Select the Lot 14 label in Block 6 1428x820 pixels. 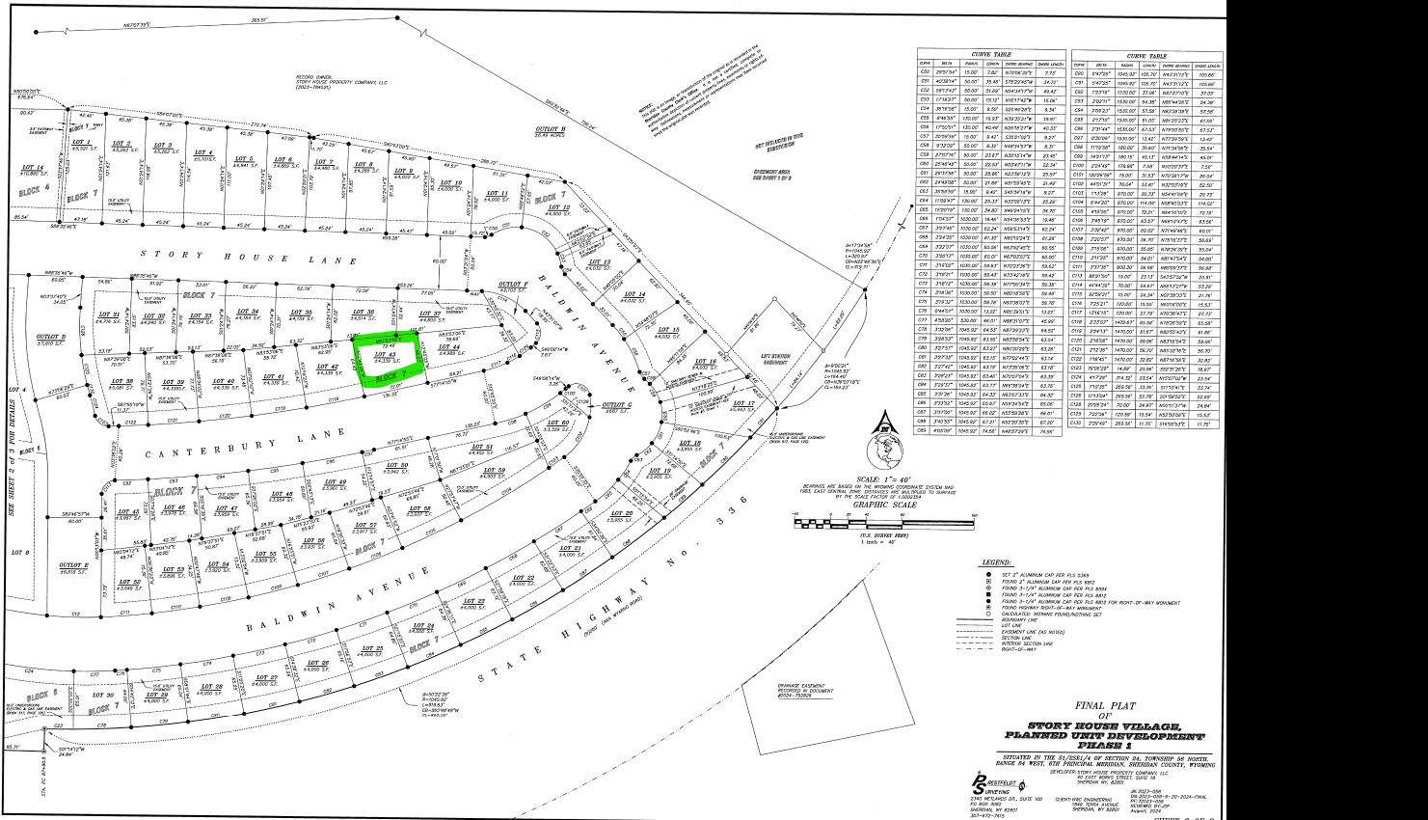click(32, 168)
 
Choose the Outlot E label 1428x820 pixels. click(74, 565)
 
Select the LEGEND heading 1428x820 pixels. click(996, 561)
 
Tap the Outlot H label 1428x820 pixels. click(551, 129)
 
